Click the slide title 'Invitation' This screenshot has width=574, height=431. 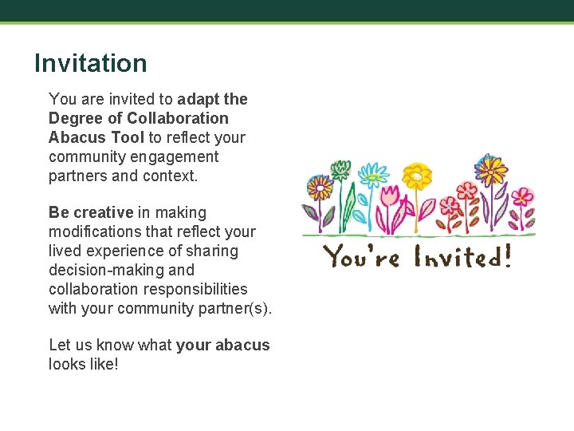coord(91,64)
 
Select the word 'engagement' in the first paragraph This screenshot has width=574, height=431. coord(179,156)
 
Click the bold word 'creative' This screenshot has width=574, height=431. coord(103,212)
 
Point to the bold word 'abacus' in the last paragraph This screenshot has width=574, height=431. coord(245,345)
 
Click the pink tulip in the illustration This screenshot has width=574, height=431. coord(391,196)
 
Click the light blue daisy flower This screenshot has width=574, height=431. coord(372,174)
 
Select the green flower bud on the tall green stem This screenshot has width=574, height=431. coord(340,168)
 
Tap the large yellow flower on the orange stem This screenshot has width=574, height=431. coord(416,174)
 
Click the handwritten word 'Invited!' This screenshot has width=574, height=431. coord(461,257)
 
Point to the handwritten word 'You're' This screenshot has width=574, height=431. coord(360,257)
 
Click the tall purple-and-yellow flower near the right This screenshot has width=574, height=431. coord(490,169)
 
